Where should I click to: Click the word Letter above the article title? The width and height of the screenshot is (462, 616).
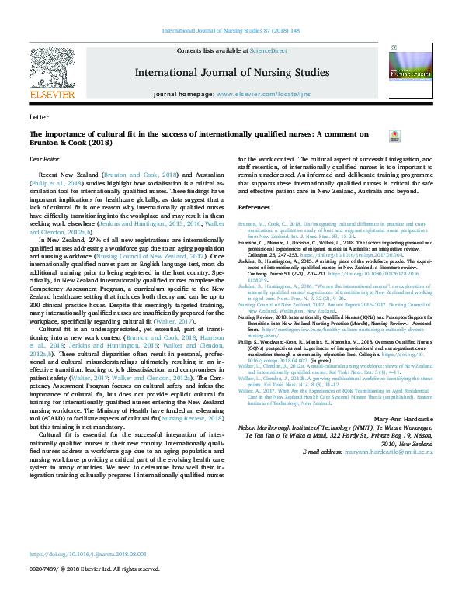point(38,116)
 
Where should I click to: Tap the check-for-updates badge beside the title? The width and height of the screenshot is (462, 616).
point(394,137)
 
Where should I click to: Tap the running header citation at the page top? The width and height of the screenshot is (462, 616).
point(231,32)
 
